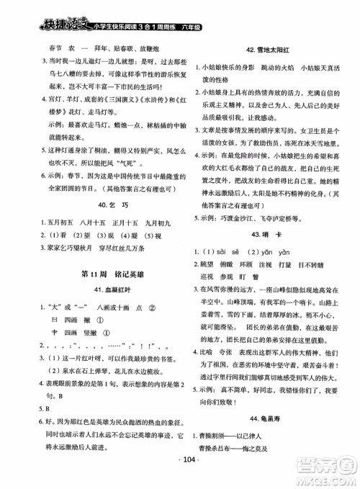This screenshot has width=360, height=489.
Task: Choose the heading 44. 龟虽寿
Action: (x=265, y=439)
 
